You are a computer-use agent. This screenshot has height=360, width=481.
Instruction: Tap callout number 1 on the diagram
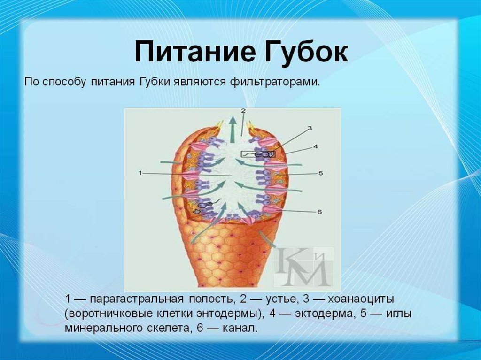pyautogui.click(x=140, y=173)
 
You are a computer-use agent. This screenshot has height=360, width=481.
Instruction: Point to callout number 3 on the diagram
pyautogui.click(x=310, y=129)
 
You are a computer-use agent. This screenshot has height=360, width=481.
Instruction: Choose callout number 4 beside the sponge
pyautogui.click(x=315, y=147)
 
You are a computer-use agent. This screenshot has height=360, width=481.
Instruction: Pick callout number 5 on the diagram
pyautogui.click(x=321, y=173)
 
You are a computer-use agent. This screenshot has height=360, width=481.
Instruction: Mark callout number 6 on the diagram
pyautogui.click(x=319, y=212)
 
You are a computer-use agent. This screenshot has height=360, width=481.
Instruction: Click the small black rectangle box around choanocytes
pyautogui.click(x=258, y=154)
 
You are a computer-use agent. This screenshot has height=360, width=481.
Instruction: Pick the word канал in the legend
pyautogui.click(x=241, y=329)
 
